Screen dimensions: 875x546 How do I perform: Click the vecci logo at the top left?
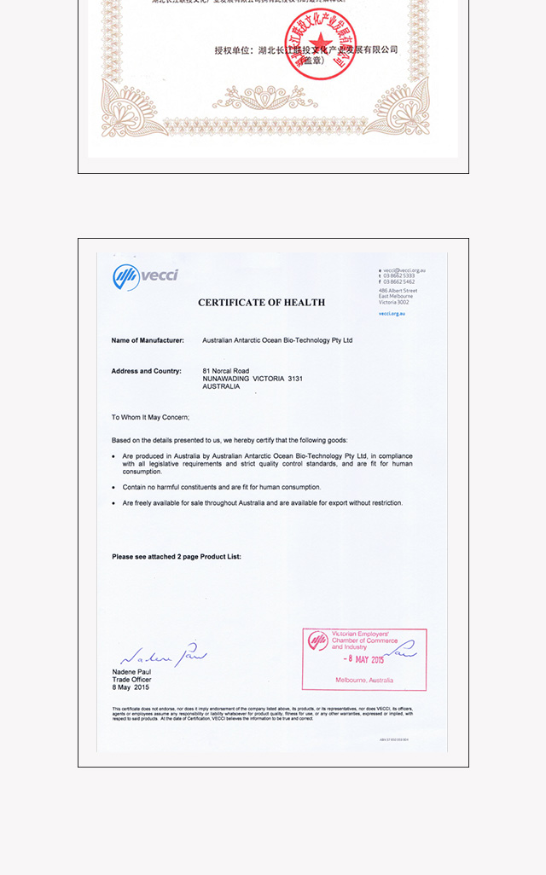[145, 276]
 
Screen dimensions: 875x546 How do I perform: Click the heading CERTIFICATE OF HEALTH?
[261, 303]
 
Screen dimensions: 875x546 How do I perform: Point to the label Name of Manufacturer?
[147, 340]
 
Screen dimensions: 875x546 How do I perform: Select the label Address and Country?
[146, 371]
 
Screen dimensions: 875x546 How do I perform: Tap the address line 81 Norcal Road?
[225, 371]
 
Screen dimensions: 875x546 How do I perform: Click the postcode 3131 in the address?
[294, 379]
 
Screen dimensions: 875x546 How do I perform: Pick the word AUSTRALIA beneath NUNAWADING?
[221, 386]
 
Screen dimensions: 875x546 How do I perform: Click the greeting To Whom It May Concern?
[150, 417]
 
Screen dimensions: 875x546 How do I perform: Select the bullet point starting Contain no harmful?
[221, 487]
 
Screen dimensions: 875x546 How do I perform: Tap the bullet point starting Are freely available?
[262, 503]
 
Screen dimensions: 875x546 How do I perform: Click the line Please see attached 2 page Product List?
[177, 557]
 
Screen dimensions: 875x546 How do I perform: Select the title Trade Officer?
[131, 680]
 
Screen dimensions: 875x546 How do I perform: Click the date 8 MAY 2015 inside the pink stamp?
[364, 659]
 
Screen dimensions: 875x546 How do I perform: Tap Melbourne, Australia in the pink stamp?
[364, 681]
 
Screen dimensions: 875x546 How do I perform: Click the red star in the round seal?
[317, 42]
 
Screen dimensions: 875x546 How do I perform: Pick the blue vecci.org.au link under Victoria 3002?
[392, 313]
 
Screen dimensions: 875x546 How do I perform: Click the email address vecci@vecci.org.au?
[404, 270]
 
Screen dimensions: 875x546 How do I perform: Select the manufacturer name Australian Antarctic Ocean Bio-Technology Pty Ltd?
[277, 340]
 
